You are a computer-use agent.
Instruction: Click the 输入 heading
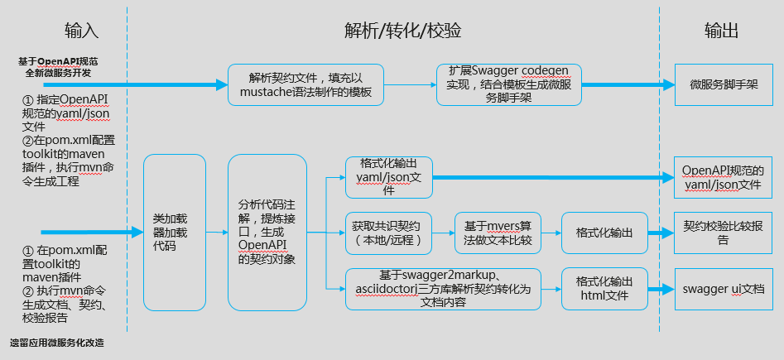[82, 31]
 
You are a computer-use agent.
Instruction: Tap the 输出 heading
[721, 31]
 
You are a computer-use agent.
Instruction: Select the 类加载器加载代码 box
[174, 233]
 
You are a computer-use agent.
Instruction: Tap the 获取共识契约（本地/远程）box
[387, 233]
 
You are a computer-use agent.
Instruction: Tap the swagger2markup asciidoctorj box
[442, 289]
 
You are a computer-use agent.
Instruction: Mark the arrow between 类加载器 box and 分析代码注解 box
[216, 233]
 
